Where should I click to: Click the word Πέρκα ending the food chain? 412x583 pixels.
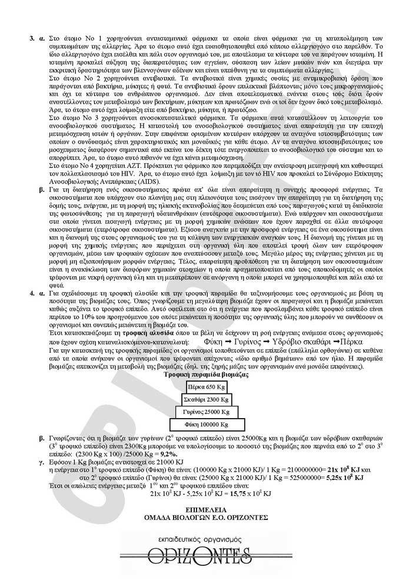click(x=351, y=341)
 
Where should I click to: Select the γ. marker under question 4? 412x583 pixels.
click(x=41, y=462)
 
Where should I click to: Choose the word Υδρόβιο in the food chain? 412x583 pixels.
click(x=276, y=341)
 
